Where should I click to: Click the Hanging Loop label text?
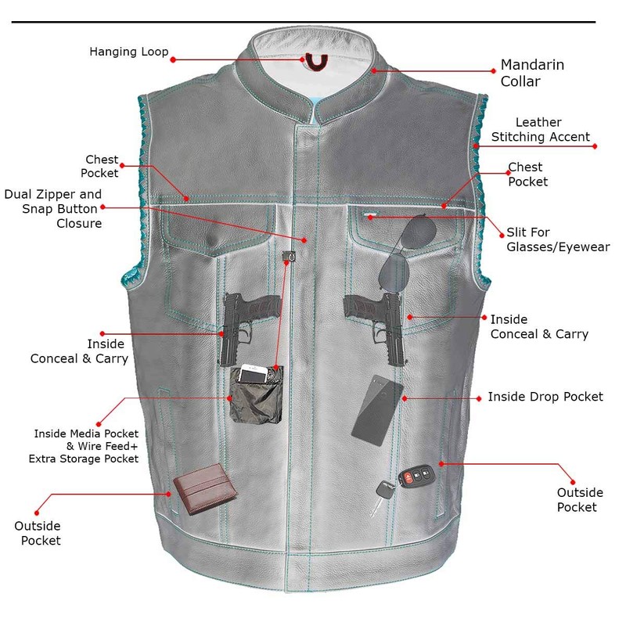tap(128, 52)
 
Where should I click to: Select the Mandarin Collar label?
tap(532, 73)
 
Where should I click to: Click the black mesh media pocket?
tap(255, 406)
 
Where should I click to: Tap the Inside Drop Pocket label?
tap(545, 397)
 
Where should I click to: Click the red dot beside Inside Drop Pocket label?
tap(479, 398)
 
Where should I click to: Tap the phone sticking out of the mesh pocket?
tap(253, 374)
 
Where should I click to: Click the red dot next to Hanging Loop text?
tap(174, 59)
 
